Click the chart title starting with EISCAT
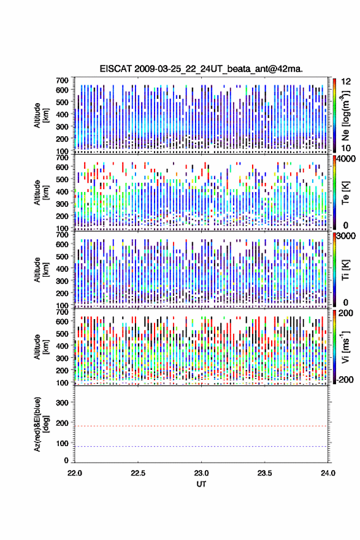point(201,69)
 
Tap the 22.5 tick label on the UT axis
point(137,473)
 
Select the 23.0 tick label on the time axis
point(201,473)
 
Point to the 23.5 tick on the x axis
point(265,473)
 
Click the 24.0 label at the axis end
point(327,473)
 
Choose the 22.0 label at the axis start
point(75,473)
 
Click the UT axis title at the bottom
point(201,484)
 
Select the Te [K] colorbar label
point(345,193)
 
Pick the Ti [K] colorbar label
point(345,270)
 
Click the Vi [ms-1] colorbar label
point(345,347)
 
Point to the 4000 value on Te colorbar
point(346,159)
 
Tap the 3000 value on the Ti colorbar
point(346,236)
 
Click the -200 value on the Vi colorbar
point(344,380)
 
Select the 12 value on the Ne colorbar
point(346,82)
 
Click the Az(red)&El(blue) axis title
point(41,424)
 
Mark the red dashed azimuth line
point(201,426)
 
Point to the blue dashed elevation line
point(201,446)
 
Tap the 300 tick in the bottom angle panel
point(62,403)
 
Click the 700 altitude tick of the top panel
point(62,80)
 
